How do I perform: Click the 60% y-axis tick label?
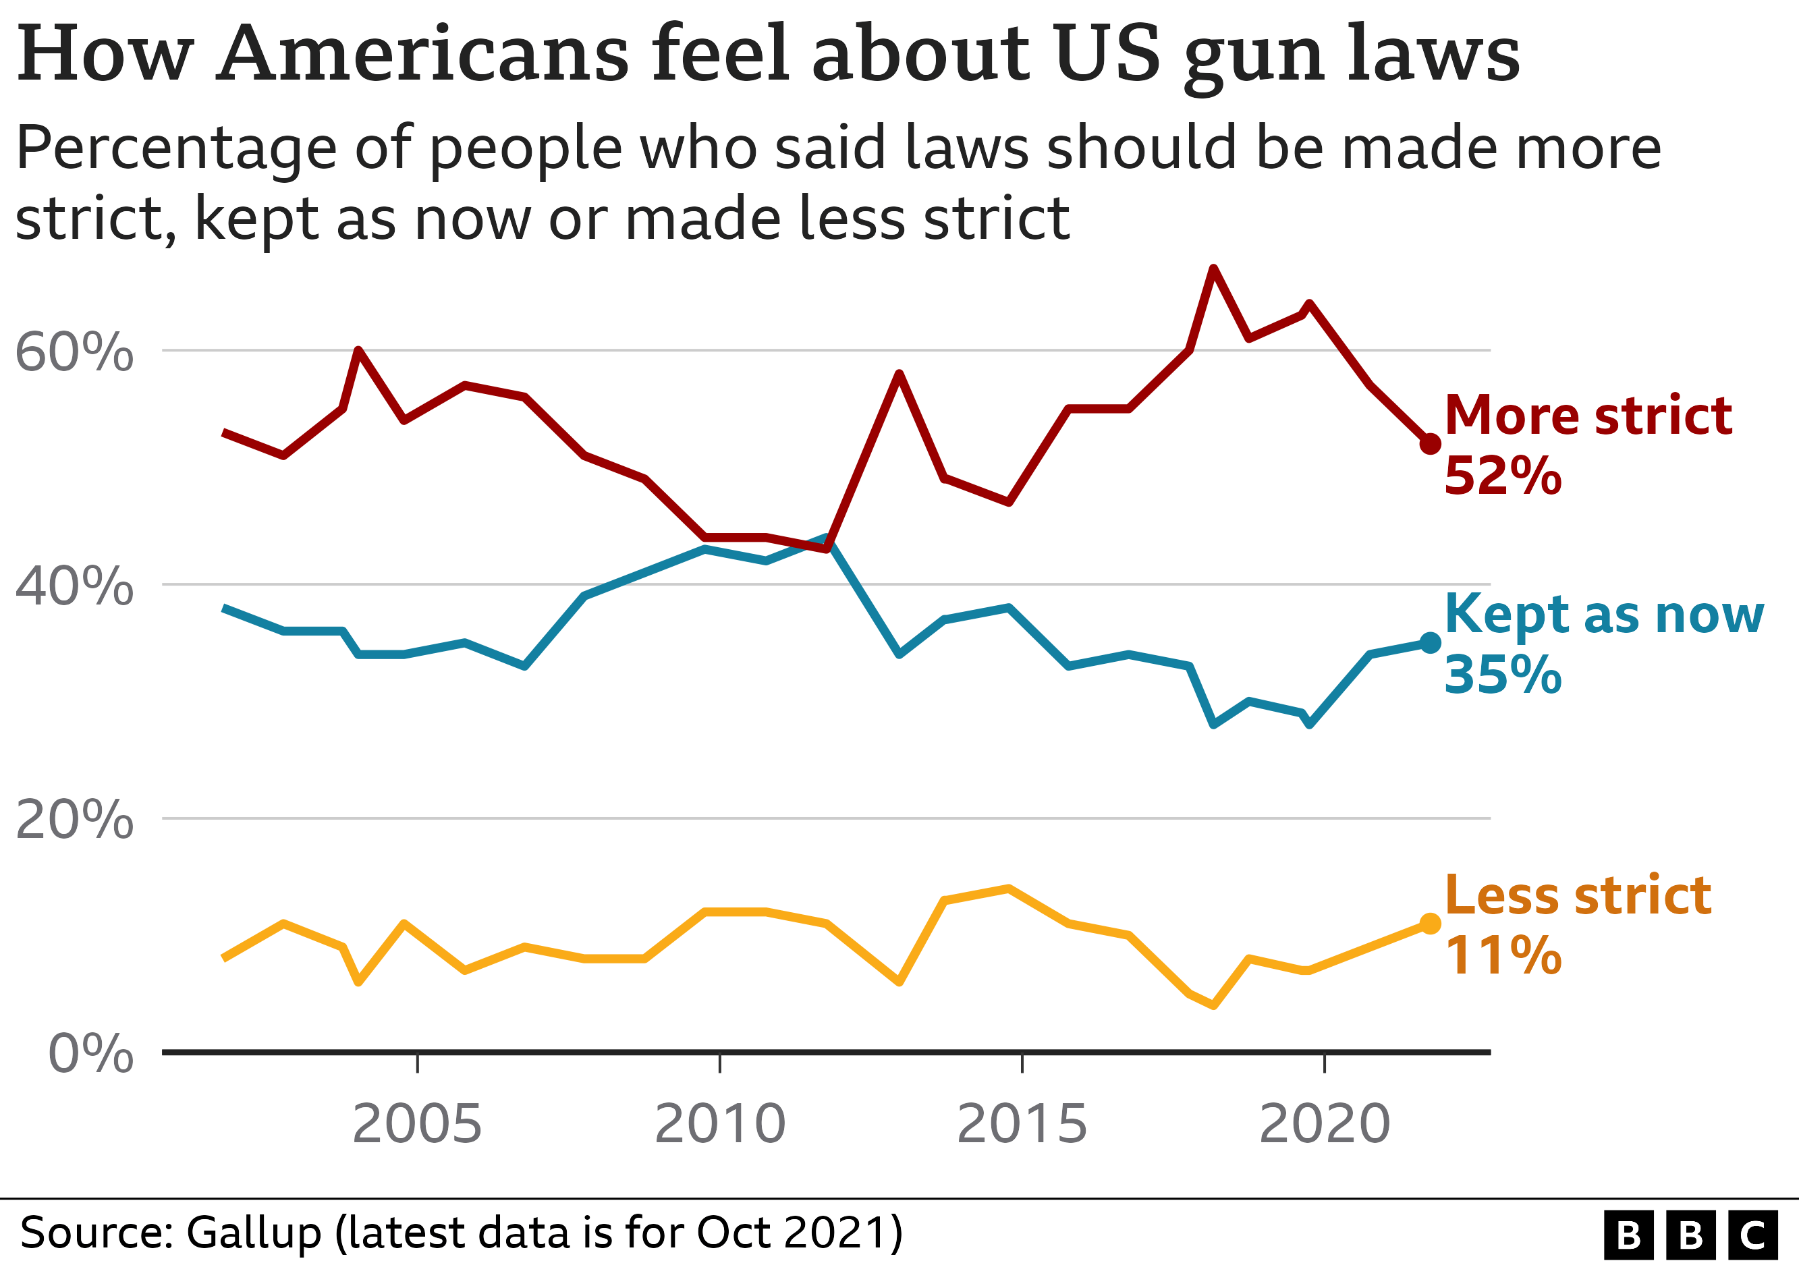tap(74, 352)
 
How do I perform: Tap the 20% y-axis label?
tap(74, 820)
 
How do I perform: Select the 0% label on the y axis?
tap(91, 1054)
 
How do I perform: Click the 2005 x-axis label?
tap(417, 1124)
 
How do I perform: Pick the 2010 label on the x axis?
tap(719, 1124)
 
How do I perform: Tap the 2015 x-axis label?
tap(1022, 1124)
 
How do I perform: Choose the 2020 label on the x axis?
tap(1324, 1124)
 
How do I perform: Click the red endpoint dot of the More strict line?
tap(1430, 444)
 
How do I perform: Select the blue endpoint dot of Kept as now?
tap(1430, 643)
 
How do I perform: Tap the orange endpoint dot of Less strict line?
tap(1430, 924)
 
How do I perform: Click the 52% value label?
tap(1502, 476)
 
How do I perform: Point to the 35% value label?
tap(1502, 675)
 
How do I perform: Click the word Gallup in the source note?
tap(254, 1232)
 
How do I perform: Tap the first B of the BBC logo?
tap(1629, 1236)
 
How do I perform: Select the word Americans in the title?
tap(422, 55)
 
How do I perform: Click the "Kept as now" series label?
tap(1604, 615)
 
